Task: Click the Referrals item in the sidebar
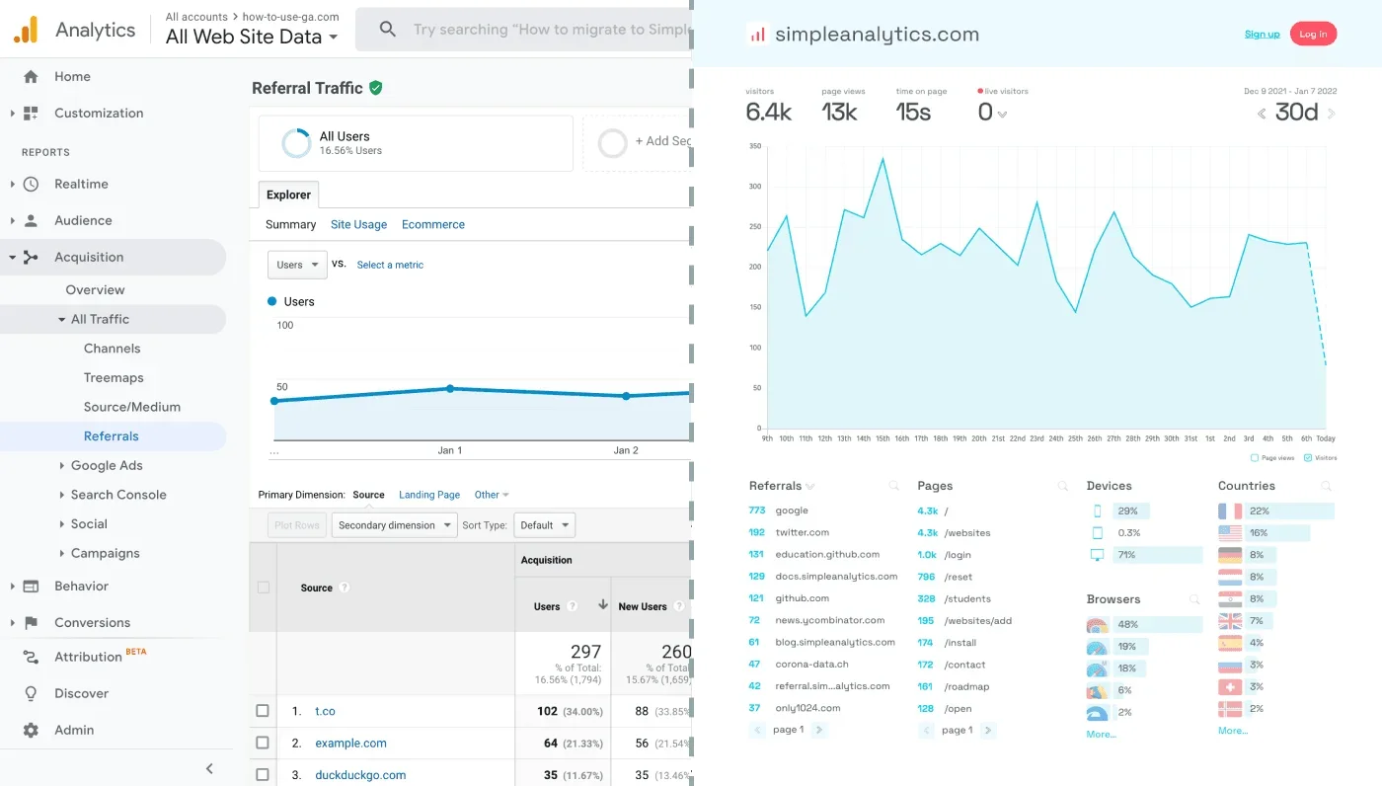tap(111, 435)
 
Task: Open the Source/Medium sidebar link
tap(131, 407)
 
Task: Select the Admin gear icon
tap(31, 730)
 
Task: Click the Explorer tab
tap(288, 195)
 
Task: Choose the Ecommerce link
tap(432, 224)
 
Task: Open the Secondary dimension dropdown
tap(395, 525)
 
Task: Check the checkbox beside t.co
tap(263, 711)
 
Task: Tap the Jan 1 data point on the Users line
tap(450, 389)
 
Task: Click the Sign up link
tap(1262, 35)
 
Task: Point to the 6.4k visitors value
tap(768, 113)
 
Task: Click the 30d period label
tap(1296, 113)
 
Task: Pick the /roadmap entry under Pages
tap(966, 686)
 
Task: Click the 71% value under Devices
tap(1126, 555)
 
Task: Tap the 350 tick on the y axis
tap(755, 146)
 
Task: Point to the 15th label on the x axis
tap(882, 438)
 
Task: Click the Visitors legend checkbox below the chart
tap(1308, 458)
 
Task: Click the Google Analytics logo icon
tap(26, 31)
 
